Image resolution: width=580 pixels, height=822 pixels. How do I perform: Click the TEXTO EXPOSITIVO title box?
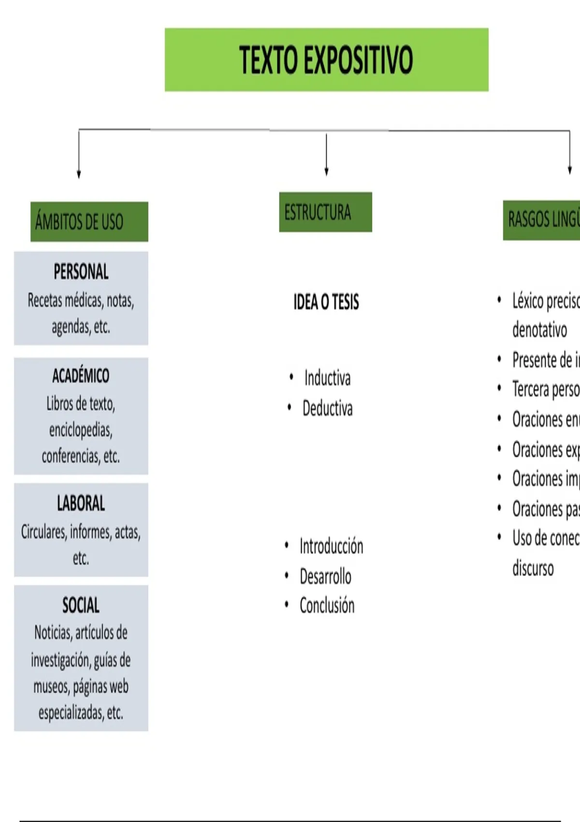pyautogui.click(x=326, y=59)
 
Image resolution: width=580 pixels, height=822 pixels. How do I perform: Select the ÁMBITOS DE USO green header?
pyautogui.click(x=89, y=221)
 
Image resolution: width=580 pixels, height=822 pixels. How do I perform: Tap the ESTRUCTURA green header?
pyautogui.click(x=325, y=212)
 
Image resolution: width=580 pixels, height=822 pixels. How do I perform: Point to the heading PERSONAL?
pyautogui.click(x=81, y=272)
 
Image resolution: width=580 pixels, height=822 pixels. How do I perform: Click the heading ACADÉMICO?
pyautogui.click(x=81, y=376)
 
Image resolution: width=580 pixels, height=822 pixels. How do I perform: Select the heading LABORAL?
pyautogui.click(x=81, y=503)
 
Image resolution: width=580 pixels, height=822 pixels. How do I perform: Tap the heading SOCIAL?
pyautogui.click(x=81, y=605)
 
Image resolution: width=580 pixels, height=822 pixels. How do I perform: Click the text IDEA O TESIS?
pyautogui.click(x=326, y=302)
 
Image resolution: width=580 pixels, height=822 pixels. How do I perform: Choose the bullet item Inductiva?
pyautogui.click(x=327, y=378)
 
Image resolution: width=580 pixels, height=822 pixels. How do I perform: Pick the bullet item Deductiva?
pyautogui.click(x=327, y=409)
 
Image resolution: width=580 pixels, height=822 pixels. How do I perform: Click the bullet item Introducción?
pyautogui.click(x=331, y=546)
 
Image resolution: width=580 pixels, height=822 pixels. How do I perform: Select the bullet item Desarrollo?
pyautogui.click(x=325, y=576)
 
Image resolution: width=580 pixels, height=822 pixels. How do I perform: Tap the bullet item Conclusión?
pyautogui.click(x=327, y=605)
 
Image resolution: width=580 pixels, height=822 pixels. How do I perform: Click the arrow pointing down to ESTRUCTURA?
pyautogui.click(x=326, y=155)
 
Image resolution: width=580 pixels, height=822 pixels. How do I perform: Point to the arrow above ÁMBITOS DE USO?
pyautogui.click(x=79, y=155)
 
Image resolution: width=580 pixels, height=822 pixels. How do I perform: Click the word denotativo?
pyautogui.click(x=539, y=330)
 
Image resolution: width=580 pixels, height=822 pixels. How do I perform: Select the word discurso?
pyautogui.click(x=533, y=568)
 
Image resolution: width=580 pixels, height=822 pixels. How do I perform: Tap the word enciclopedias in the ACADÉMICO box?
pyautogui.click(x=81, y=429)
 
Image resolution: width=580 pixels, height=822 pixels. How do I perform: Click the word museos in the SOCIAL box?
pyautogui.click(x=51, y=687)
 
